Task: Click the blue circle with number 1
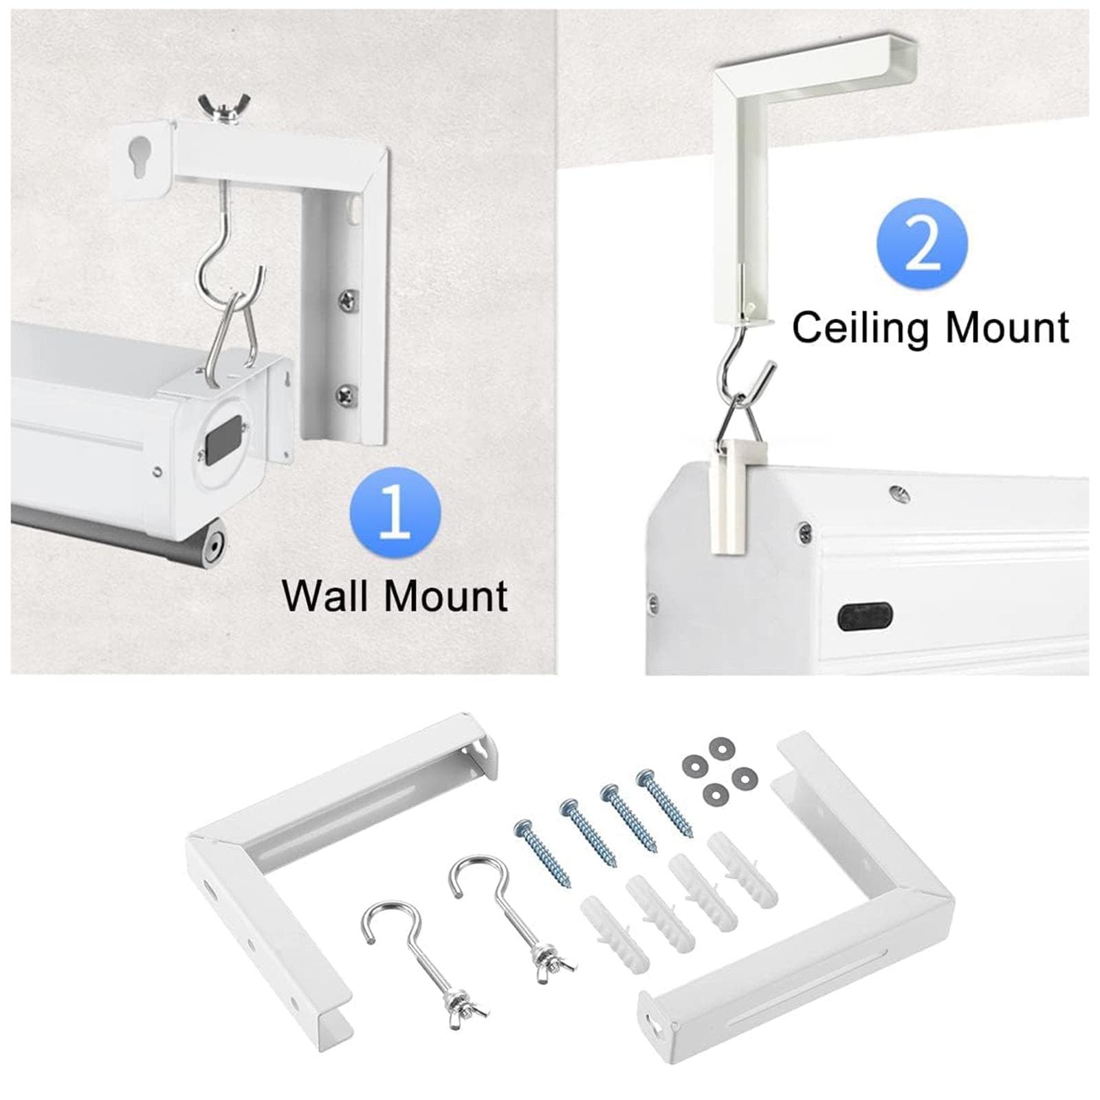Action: click(395, 512)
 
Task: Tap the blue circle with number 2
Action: click(922, 244)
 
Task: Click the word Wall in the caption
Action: click(331, 595)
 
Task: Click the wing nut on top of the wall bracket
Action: click(216, 109)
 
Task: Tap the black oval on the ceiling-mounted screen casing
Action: click(865, 616)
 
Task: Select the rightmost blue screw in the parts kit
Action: click(668, 804)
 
